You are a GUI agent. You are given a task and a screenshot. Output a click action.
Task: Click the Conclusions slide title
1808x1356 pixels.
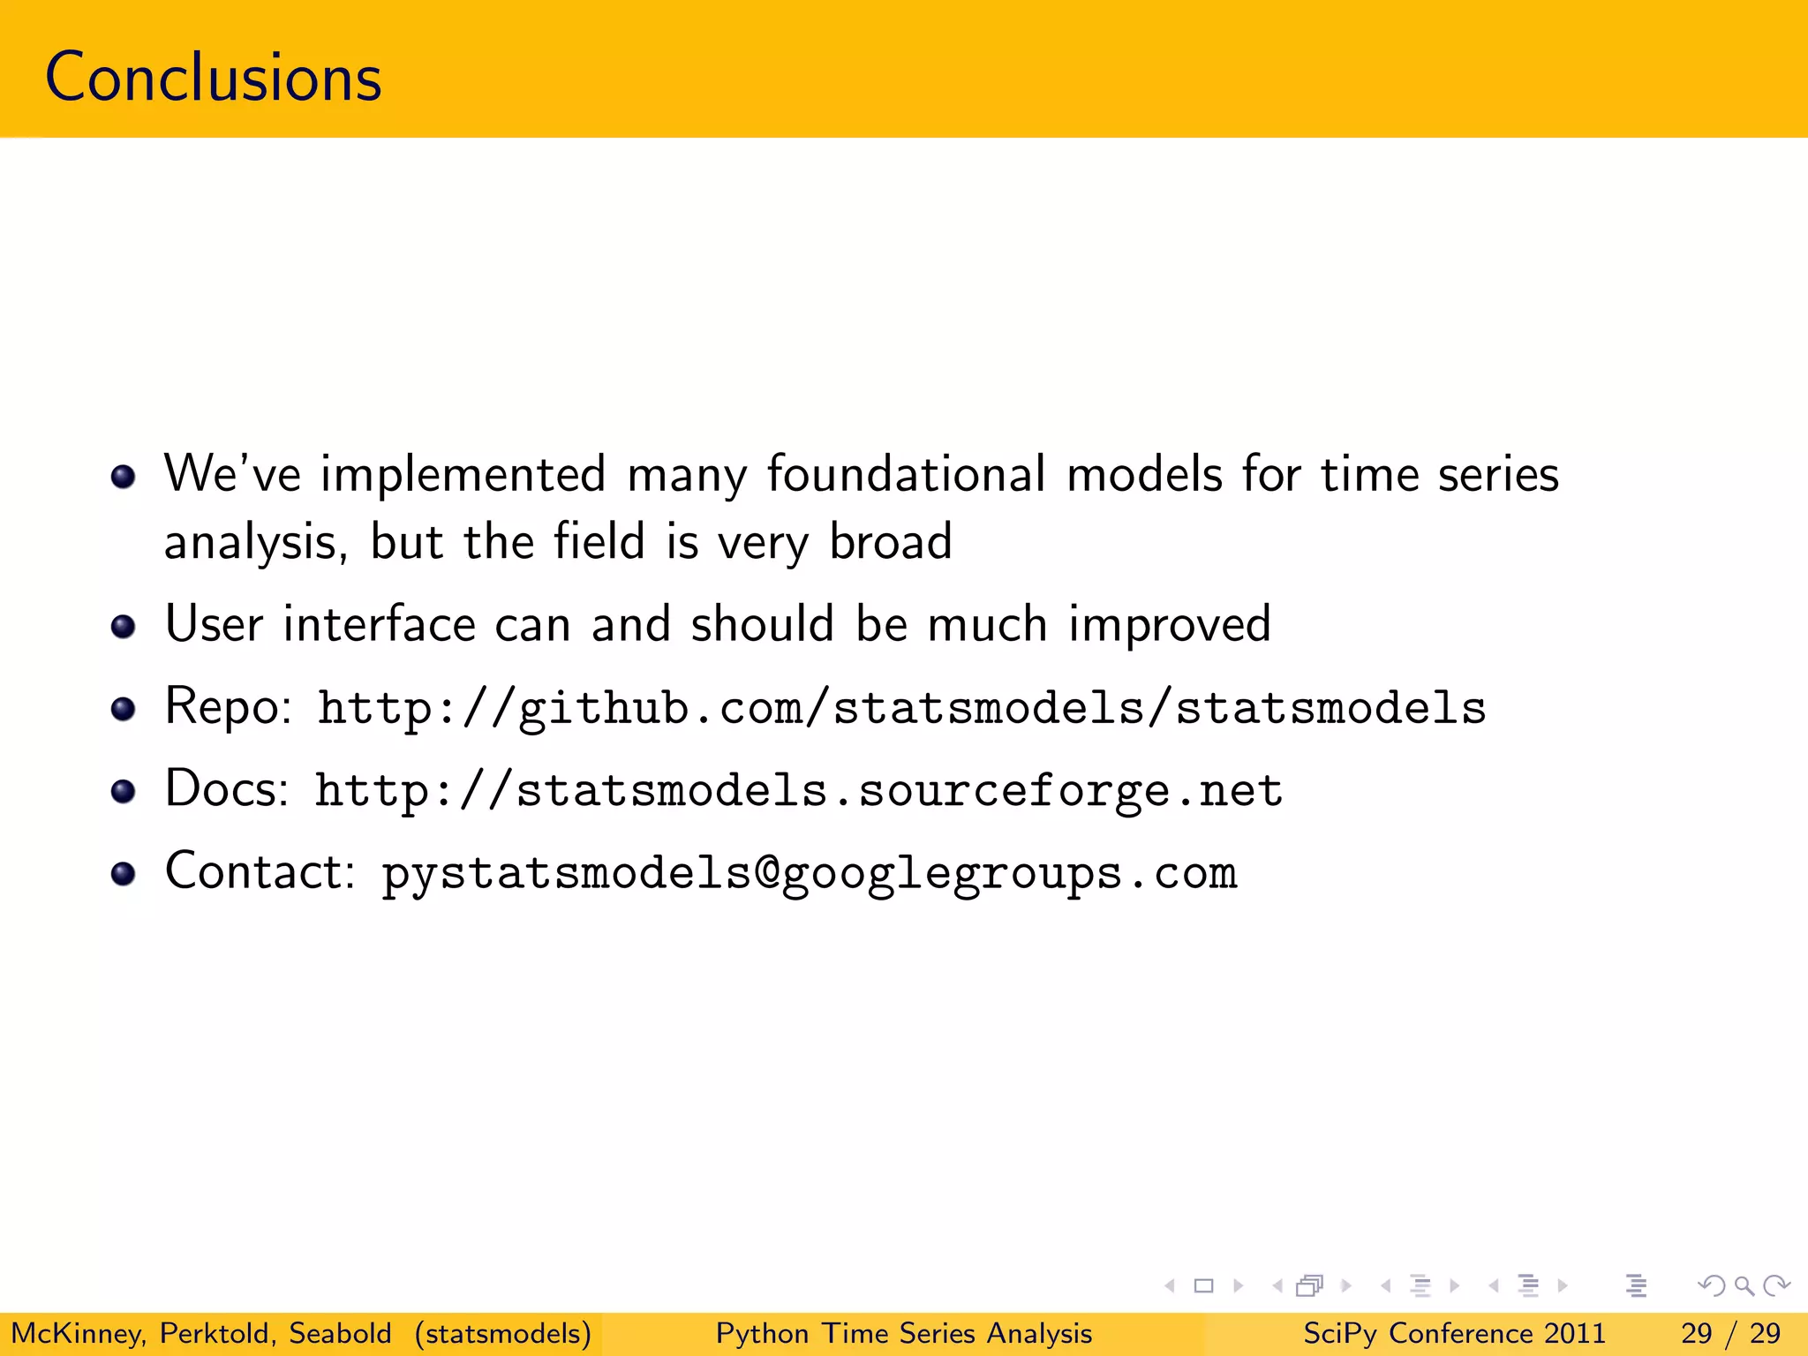[x=213, y=78]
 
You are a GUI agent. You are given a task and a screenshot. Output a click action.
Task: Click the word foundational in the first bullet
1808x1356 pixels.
[x=906, y=474]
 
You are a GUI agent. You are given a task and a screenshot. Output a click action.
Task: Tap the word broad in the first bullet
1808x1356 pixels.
[x=891, y=541]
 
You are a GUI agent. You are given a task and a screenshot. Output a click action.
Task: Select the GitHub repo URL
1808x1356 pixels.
[x=901, y=708]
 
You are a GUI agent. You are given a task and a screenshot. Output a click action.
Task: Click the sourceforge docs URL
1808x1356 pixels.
[x=798, y=790]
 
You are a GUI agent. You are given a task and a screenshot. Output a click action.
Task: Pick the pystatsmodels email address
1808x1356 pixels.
[x=809, y=873]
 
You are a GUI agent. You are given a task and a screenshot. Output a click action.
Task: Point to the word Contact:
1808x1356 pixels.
[x=260, y=871]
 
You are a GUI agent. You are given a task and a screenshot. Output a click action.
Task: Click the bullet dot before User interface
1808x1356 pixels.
[x=124, y=628]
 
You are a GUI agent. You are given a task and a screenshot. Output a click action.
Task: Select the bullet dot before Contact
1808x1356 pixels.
[x=124, y=874]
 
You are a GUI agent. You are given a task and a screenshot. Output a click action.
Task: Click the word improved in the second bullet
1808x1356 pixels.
[x=1169, y=625]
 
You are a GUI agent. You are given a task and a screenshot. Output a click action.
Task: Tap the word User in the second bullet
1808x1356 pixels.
[x=214, y=624]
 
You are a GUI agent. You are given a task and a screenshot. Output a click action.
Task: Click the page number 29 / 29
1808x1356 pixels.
[x=1730, y=1333]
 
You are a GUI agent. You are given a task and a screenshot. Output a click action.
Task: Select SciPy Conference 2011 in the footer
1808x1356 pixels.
[x=1454, y=1333]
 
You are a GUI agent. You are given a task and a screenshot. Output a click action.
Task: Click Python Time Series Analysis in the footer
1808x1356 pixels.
[x=903, y=1333]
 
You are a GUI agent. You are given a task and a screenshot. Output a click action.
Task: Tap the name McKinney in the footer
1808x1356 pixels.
[x=78, y=1333]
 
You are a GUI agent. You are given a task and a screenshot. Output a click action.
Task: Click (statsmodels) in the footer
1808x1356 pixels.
[x=502, y=1333]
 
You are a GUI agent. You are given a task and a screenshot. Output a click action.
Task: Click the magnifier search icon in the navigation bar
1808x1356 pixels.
[x=1744, y=1285]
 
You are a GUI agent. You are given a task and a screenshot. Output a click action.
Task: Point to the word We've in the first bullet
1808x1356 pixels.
[x=232, y=474]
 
